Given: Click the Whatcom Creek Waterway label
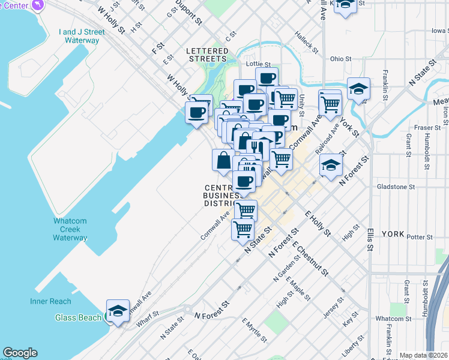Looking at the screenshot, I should click(70, 229).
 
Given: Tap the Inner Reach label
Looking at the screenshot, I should click(51, 301).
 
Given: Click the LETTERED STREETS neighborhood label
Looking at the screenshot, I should click(207, 54).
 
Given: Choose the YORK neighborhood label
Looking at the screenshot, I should click(393, 234).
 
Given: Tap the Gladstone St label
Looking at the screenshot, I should click(396, 187).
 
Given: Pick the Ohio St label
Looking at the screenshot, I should click(340, 59).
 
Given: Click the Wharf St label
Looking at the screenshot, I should click(147, 313).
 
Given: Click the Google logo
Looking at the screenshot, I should click(20, 353).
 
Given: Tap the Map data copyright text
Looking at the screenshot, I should click(423, 355).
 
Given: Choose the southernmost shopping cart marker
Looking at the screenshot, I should click(243, 229).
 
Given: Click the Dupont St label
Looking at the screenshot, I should click(188, 13).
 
